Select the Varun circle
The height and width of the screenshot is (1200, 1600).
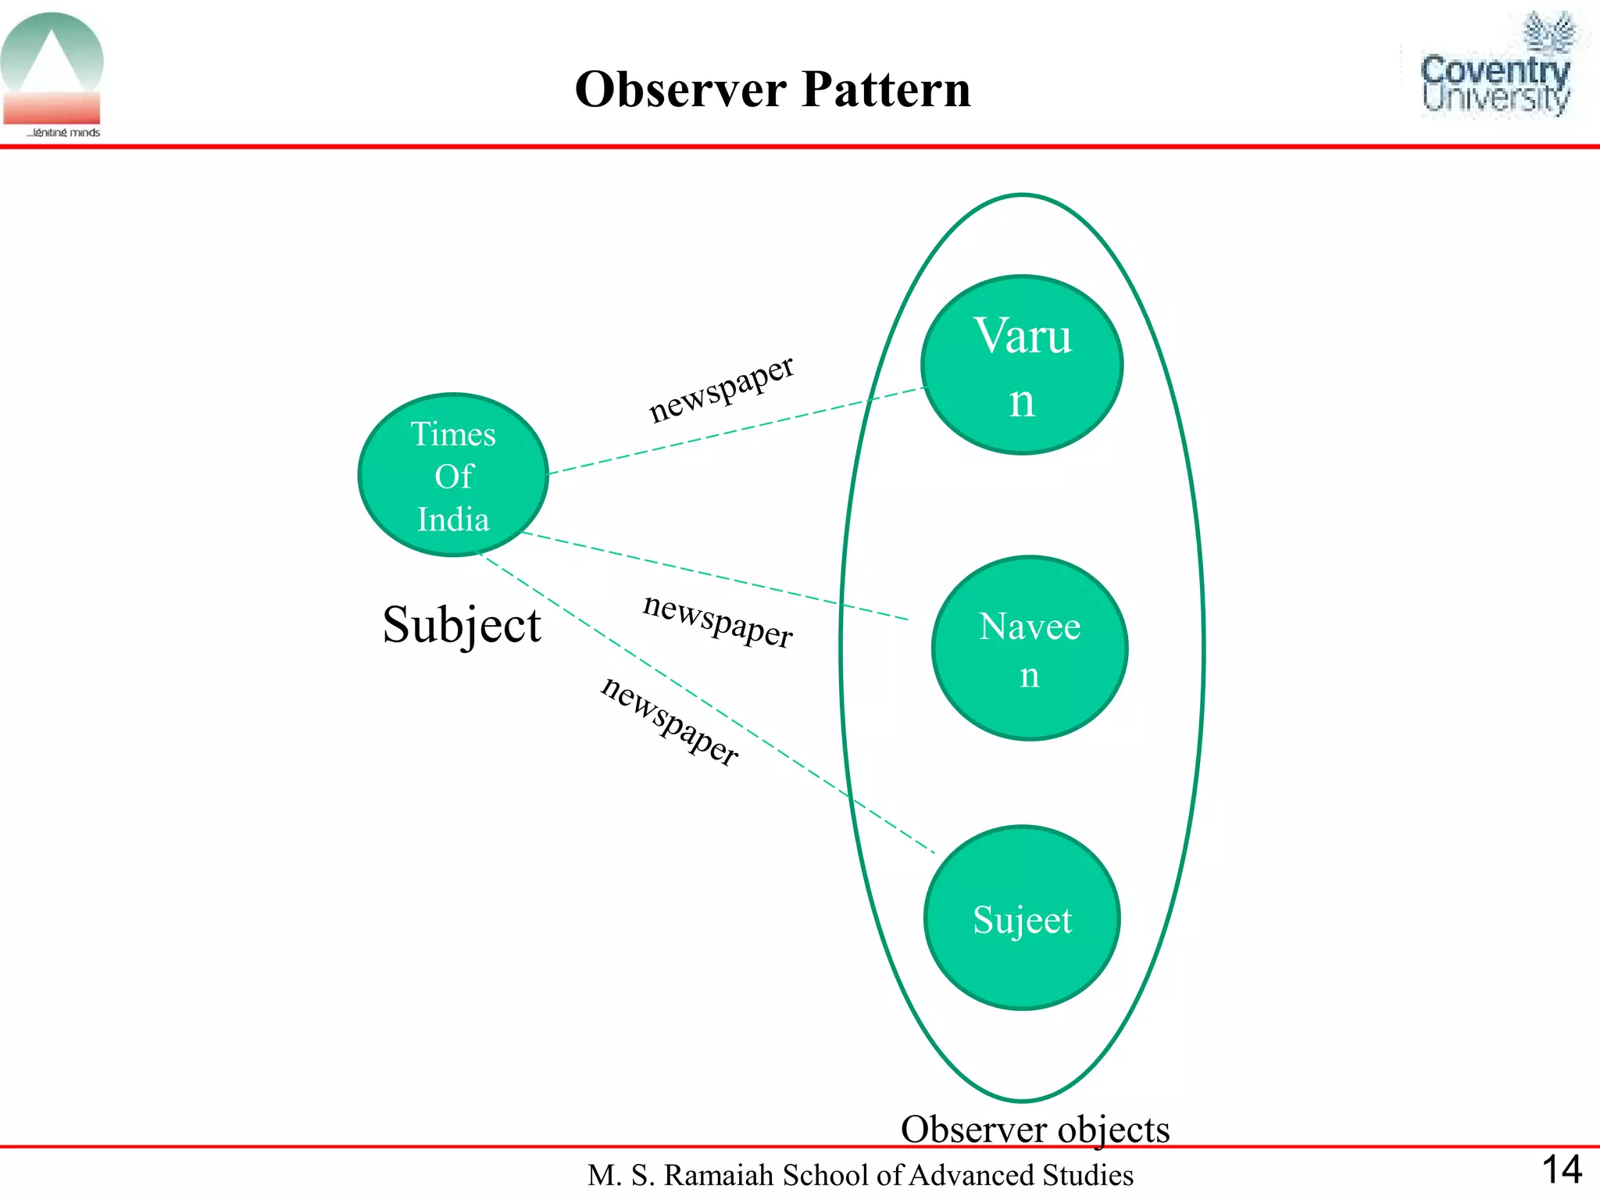1022,364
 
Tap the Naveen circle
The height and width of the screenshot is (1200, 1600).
1030,648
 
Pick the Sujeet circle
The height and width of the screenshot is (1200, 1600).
1022,919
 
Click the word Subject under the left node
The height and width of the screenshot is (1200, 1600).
461,625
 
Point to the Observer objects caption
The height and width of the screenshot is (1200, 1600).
1035,1129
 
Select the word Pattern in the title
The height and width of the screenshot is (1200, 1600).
886,89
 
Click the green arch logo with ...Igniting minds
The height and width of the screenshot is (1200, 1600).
52,74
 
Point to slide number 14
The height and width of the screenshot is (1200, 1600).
1562,1170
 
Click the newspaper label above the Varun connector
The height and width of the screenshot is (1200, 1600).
720,388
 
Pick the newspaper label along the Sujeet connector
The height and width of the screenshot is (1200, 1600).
670,721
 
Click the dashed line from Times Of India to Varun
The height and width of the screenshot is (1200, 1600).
734,430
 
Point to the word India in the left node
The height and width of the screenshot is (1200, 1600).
453,520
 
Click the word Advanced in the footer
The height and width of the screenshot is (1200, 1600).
968,1175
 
